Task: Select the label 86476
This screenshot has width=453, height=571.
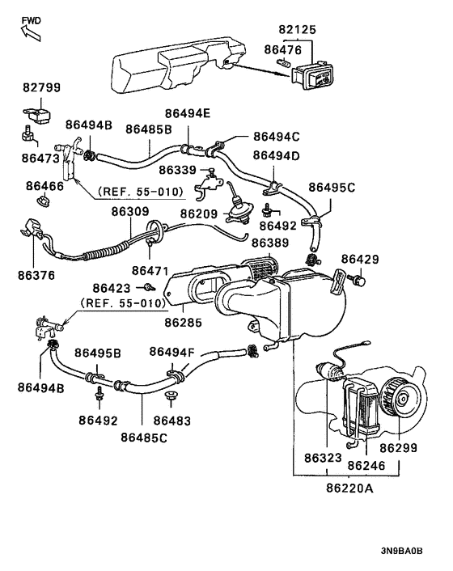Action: coord(283,49)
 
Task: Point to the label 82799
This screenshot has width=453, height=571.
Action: coord(41,87)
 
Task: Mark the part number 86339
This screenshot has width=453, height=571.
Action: coord(177,170)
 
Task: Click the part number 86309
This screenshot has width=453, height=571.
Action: coord(130,212)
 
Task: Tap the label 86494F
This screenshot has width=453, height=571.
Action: coord(171,352)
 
